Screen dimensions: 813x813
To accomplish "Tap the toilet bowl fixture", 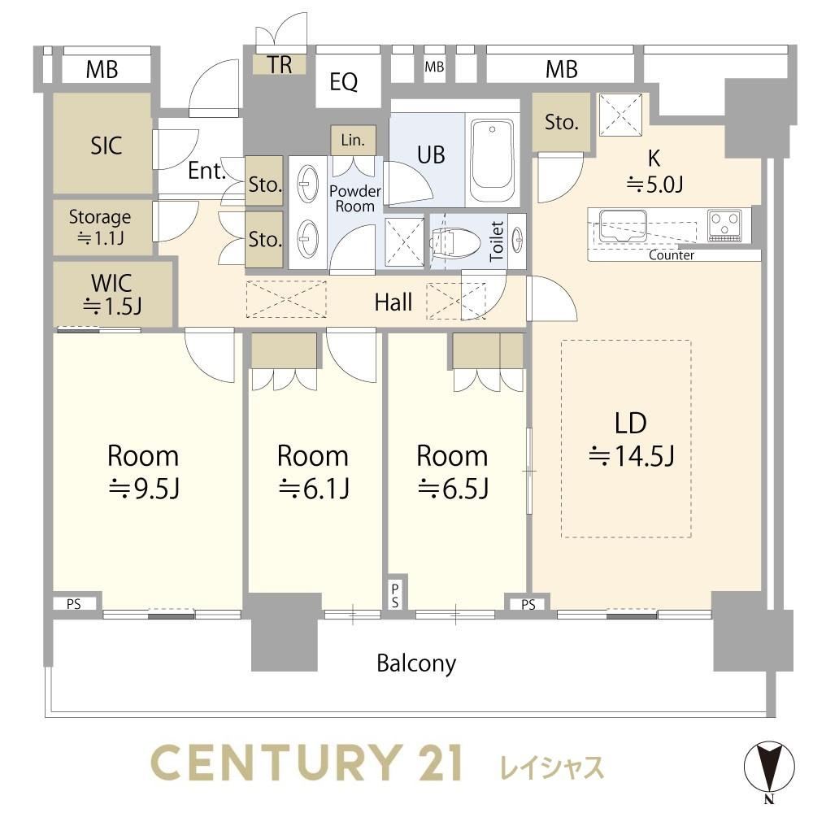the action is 452,241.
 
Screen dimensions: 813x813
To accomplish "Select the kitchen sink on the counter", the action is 623,225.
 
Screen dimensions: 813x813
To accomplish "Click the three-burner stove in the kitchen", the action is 724,225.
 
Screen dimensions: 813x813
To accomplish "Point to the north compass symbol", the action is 769,767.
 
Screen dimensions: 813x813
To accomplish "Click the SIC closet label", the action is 107,146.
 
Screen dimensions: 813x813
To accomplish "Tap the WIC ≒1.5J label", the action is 111,294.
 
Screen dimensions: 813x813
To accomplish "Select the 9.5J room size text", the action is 144,489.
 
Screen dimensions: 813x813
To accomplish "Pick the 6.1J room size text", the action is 314,489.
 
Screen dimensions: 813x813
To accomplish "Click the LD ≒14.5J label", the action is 631,439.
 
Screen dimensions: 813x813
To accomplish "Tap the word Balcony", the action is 416,663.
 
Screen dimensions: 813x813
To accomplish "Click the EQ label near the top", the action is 343,81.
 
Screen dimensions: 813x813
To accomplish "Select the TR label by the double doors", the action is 280,65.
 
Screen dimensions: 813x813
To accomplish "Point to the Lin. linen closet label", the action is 353,140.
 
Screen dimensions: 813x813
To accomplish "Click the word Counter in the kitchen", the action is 671,255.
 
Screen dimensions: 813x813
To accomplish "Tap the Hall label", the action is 393,302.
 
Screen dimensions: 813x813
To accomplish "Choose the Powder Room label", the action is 355,198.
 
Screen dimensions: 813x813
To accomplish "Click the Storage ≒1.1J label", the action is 100,227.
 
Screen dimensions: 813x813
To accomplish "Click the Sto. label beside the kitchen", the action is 562,123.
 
